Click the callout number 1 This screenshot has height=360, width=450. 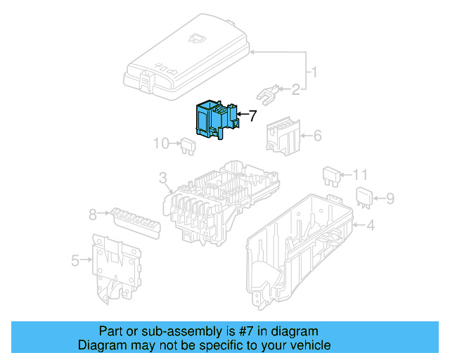point(314,72)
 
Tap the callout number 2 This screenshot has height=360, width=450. point(295,89)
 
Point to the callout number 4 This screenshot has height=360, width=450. point(371,225)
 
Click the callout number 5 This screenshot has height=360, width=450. point(75,260)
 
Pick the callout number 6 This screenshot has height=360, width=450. point(316,134)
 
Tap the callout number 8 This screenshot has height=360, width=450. point(92,214)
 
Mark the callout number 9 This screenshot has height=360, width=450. point(390,198)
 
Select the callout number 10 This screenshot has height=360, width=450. point(161,143)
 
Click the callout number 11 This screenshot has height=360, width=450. point(360,174)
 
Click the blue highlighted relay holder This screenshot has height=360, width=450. point(215,117)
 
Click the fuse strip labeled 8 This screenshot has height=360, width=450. point(133,221)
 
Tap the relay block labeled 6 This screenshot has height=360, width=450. point(282,134)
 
